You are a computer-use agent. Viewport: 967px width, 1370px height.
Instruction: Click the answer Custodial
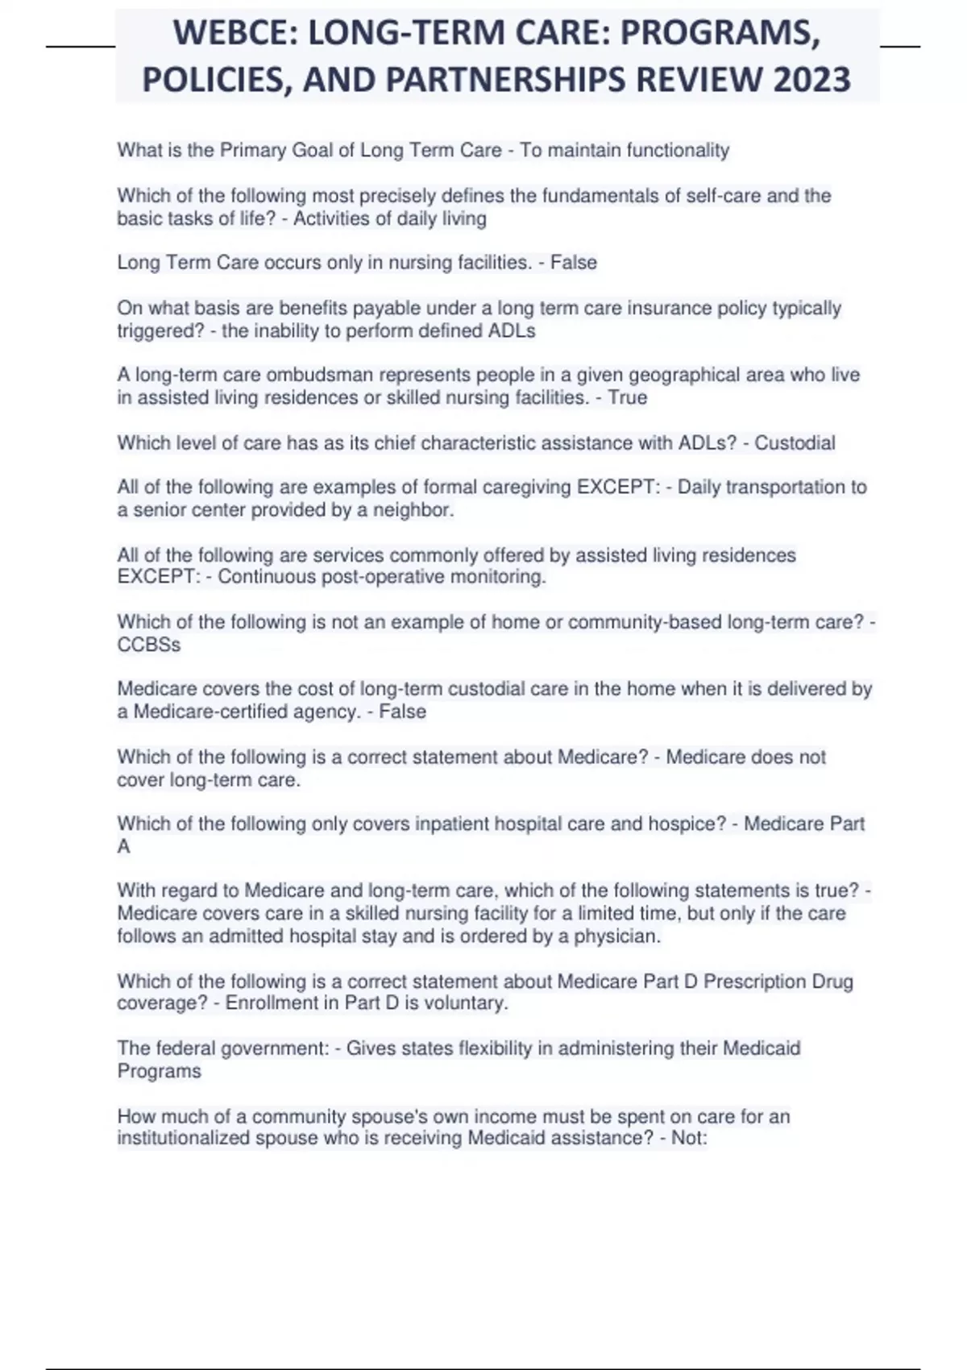point(795,442)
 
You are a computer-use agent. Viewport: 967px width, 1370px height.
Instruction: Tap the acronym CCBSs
point(148,645)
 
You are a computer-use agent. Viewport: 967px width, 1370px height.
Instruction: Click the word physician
point(620,936)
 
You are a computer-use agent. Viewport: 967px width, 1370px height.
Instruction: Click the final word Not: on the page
point(689,1138)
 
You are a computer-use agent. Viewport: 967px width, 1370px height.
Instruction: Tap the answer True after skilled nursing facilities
point(628,397)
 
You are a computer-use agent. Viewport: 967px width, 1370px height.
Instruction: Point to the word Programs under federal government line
point(159,1071)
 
